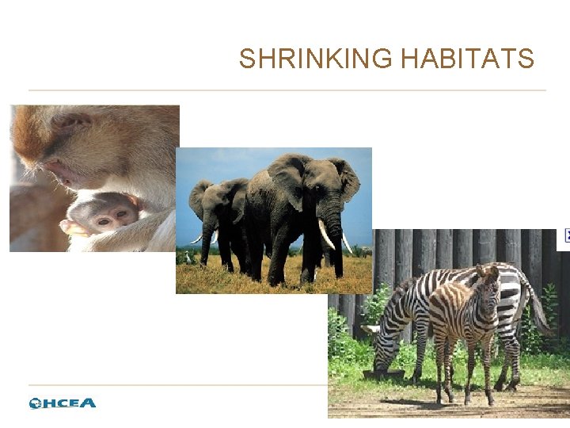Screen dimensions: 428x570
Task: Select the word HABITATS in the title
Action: click(x=467, y=59)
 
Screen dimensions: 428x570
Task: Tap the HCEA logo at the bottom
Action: click(x=63, y=403)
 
